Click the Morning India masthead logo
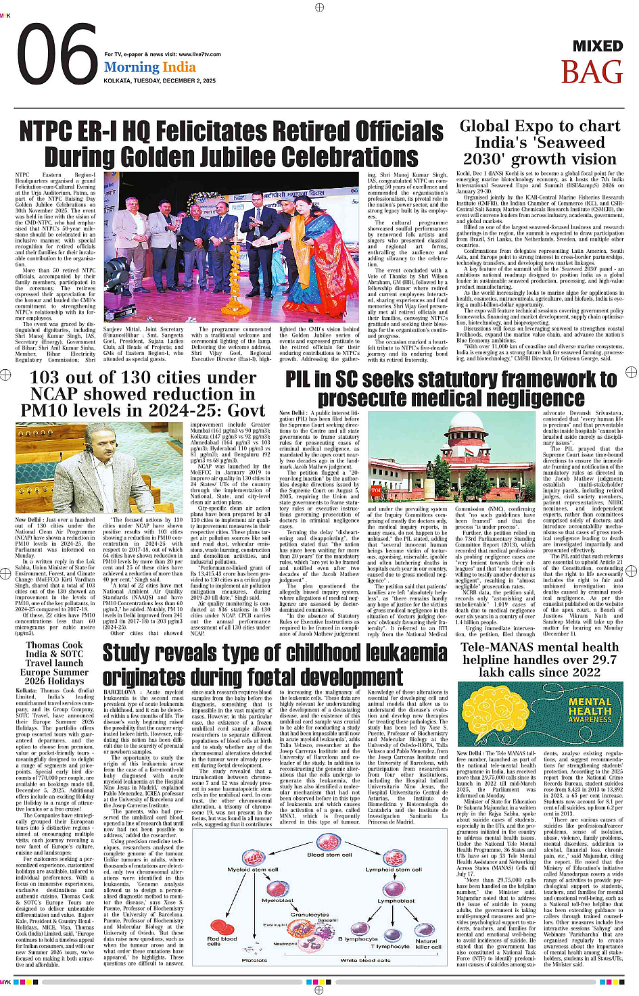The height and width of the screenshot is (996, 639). click(149, 67)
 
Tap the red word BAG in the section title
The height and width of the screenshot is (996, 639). click(591, 72)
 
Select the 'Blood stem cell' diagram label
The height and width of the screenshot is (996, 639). click(329, 855)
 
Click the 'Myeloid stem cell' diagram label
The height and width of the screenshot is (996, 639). click(253, 870)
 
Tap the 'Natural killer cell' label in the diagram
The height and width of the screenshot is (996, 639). click(427, 943)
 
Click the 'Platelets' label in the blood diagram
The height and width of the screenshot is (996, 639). click(254, 960)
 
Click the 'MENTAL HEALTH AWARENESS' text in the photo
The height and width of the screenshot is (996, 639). click(590, 711)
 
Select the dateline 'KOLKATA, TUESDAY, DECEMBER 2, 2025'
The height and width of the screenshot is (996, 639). click(160, 81)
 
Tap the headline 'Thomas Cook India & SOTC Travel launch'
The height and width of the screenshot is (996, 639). click(54, 654)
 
